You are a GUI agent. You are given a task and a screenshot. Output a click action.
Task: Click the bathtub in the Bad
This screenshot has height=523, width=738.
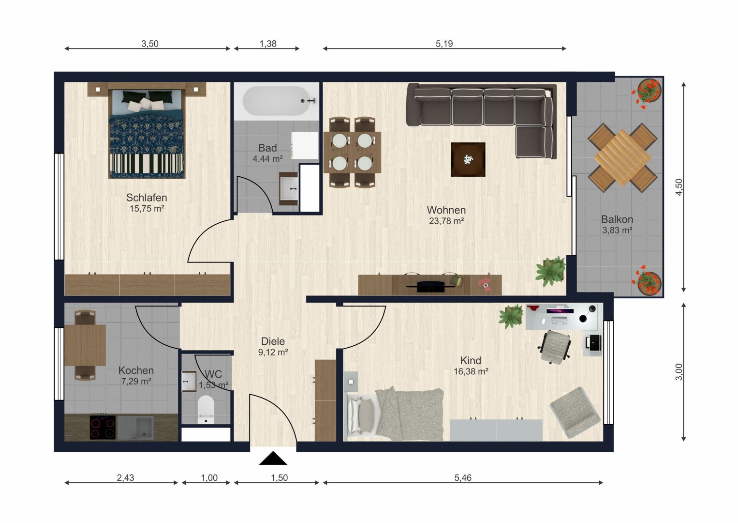pyautogui.click(x=277, y=101)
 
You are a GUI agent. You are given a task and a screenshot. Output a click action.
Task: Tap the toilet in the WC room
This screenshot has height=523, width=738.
pyautogui.click(x=206, y=410)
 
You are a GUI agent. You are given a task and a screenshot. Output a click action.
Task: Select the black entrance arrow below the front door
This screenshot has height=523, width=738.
pyautogui.click(x=273, y=458)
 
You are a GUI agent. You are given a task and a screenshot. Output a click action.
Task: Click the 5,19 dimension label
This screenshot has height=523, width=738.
pyautogui.click(x=444, y=44)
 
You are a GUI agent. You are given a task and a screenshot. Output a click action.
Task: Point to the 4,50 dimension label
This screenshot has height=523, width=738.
pyautogui.click(x=679, y=187)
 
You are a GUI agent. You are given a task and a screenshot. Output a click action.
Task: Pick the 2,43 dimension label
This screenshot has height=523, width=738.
pyautogui.click(x=126, y=477)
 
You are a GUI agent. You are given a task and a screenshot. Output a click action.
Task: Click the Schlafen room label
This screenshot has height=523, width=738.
pyautogui.click(x=147, y=197)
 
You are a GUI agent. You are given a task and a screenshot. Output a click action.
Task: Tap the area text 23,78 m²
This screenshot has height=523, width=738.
pyautogui.click(x=446, y=221)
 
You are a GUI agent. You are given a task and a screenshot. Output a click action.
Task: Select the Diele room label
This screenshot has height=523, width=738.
pyautogui.click(x=273, y=341)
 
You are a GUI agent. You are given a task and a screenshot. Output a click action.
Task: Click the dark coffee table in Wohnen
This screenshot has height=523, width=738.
pyautogui.click(x=468, y=159)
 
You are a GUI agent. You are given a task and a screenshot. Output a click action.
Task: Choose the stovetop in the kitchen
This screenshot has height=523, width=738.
pyautogui.click(x=103, y=427)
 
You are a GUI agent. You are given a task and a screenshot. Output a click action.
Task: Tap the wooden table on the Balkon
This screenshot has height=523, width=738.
pyautogui.click(x=622, y=158)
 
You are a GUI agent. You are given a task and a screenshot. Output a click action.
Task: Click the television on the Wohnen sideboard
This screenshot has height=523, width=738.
pyautogui.click(x=430, y=286)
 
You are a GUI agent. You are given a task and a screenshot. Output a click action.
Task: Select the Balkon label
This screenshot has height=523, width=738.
pyautogui.click(x=617, y=219)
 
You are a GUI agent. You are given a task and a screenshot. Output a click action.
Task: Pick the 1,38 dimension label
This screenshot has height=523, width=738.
pyautogui.click(x=268, y=44)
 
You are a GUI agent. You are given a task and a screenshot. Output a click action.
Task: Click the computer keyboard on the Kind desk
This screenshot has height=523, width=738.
pyautogui.click(x=560, y=320)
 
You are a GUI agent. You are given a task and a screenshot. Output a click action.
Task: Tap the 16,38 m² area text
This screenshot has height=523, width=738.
pyautogui.click(x=471, y=371)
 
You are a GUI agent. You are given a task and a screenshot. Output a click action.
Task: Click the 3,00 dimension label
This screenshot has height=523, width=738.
pyautogui.click(x=679, y=372)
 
